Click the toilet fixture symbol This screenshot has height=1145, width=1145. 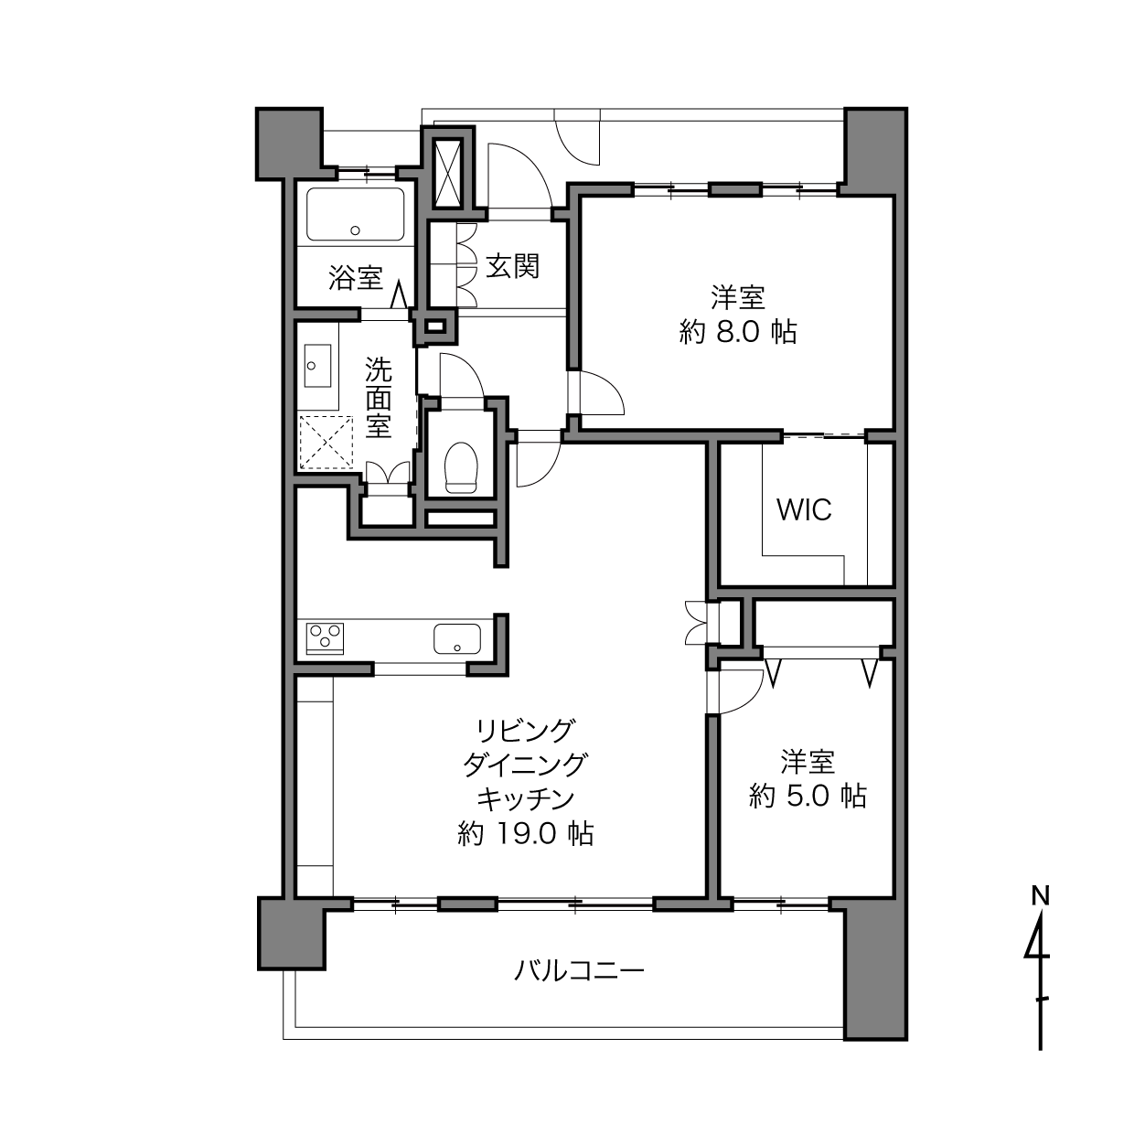tap(461, 467)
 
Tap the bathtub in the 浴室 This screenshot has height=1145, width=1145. tap(356, 214)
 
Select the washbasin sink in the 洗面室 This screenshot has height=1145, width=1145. tap(317, 366)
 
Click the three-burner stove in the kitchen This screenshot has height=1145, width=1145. tap(325, 637)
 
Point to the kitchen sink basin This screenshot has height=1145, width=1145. tap(457, 638)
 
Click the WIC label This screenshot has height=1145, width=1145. tap(804, 509)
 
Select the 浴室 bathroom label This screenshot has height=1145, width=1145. tap(356, 277)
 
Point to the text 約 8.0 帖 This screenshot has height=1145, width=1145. tap(738, 332)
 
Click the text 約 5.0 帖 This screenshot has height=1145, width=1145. tap(808, 797)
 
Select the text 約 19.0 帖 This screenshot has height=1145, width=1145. tap(525, 834)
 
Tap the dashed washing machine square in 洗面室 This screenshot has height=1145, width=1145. tap(326, 443)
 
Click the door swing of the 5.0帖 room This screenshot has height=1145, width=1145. tap(741, 691)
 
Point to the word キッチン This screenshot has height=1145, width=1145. tap(525, 799)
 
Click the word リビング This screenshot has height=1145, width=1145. tap(525, 730)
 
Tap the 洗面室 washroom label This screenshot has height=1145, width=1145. tap(378, 397)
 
